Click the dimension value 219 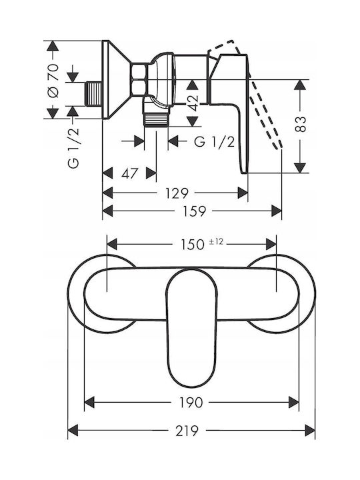pos(187,431)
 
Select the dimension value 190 pos(191,402)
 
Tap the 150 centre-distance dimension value pos(192,245)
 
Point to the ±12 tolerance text pos(216,242)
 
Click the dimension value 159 pos(194,211)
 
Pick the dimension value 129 pos(177,193)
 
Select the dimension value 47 pos(130,173)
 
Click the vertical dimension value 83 pos(300,124)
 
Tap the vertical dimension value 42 pos(193,103)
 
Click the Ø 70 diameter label pos(53,81)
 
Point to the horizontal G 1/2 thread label pos(215,142)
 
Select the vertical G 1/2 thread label pos(73,148)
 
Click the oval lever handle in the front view pos(192,328)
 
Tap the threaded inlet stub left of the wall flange pos(93,94)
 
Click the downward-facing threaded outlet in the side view pos(156,119)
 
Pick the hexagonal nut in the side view pos(139,79)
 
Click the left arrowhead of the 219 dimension pos(73,431)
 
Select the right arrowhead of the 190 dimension pos(293,402)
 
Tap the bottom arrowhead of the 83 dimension pos(300,168)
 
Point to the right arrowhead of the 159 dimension pos(277,211)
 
